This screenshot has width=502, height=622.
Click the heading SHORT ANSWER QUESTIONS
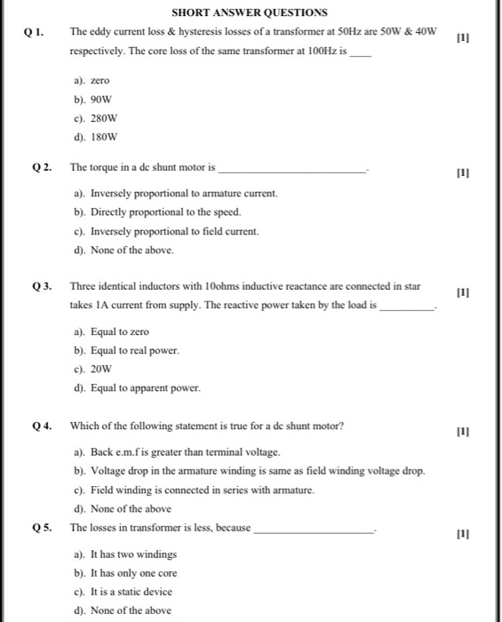249,12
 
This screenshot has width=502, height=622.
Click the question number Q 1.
35,32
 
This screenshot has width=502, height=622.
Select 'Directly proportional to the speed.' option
152,212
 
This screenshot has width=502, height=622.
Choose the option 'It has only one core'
126,573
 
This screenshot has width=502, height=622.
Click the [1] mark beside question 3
461,292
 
